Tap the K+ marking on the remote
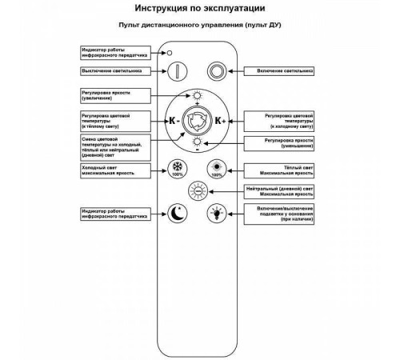point(221,122)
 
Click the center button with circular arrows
point(195,121)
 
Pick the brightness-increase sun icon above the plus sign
point(195,96)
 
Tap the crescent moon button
point(175,213)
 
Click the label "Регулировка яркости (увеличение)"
point(116,95)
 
